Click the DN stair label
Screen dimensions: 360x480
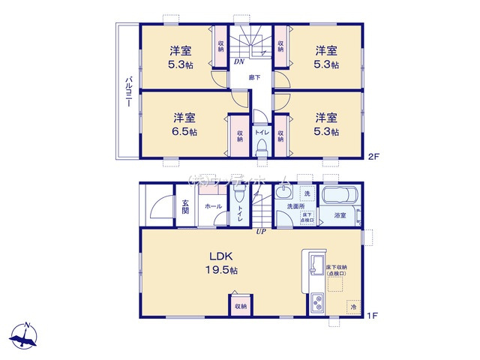coord(239,61)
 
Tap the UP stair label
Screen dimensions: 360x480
coord(261,231)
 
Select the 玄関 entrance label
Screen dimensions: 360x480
coord(185,205)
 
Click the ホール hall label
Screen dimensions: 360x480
coord(212,205)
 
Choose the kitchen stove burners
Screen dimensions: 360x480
coord(315,304)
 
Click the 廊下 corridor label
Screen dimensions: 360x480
coord(255,77)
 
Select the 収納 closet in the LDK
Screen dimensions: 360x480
coord(240,305)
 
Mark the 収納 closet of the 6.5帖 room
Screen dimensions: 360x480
coord(240,135)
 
